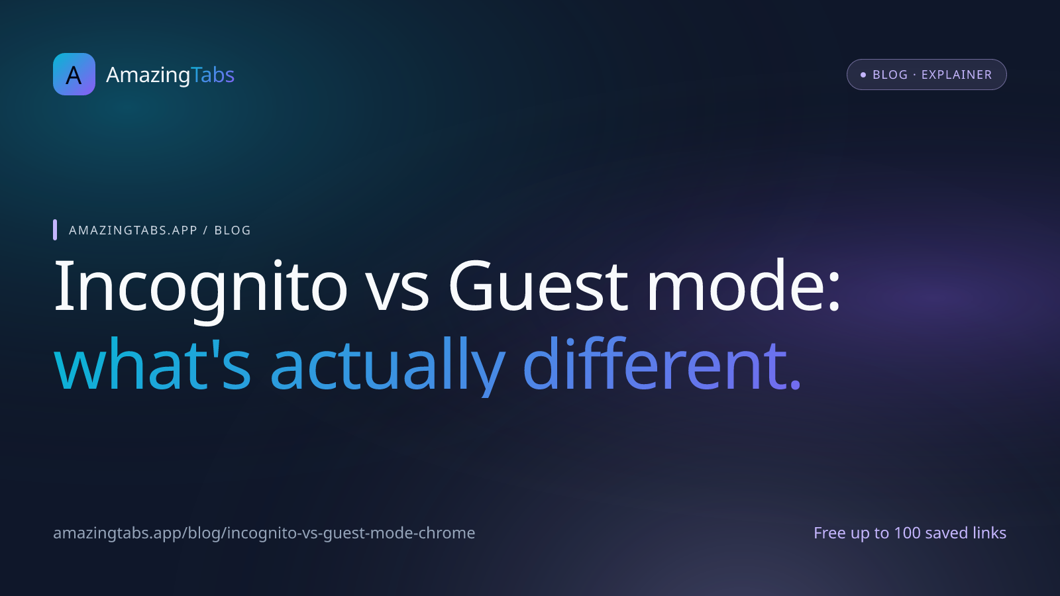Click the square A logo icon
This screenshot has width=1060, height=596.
coord(74,74)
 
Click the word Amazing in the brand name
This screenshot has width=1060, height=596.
coord(148,75)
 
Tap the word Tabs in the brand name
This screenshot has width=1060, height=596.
coord(213,75)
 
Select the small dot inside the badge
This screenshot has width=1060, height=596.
coord(863,75)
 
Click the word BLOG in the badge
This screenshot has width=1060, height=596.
coord(890,75)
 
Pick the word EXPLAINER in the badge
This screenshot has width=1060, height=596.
coord(957,75)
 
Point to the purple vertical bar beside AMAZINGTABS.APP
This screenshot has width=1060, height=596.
coord(55,230)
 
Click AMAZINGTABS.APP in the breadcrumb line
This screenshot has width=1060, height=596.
coord(133,230)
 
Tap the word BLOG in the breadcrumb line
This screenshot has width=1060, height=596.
coord(233,230)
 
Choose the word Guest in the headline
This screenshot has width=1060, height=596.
coord(538,287)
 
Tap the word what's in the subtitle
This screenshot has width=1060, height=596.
coord(152,364)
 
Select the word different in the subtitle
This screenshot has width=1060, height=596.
coord(653,364)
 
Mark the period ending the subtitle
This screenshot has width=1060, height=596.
coord(795,385)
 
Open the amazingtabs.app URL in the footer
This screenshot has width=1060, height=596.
coord(264,533)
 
